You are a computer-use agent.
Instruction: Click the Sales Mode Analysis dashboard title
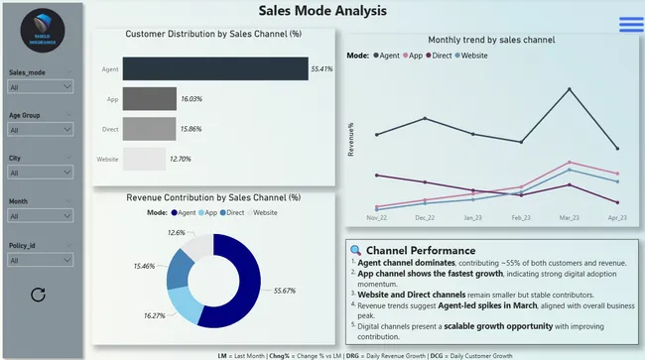click(322, 12)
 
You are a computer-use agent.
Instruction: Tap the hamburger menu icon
click(630, 25)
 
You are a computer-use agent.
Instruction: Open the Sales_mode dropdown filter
click(41, 87)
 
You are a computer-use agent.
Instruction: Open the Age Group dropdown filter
click(41, 130)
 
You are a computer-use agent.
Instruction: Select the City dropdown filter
click(41, 173)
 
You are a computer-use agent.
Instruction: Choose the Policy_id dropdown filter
click(41, 260)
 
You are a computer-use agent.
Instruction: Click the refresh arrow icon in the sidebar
click(39, 295)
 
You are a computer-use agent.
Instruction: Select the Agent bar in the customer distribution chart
click(214, 69)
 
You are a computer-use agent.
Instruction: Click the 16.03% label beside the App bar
click(192, 99)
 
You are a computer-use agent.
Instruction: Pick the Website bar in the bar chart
click(144, 159)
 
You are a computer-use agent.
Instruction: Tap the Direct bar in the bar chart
click(149, 129)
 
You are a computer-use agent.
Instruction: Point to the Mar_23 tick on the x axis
click(569, 217)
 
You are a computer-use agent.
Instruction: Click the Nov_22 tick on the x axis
click(376, 217)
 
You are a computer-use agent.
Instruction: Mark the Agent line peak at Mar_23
click(569, 89)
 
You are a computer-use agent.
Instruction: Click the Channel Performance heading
click(421, 250)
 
